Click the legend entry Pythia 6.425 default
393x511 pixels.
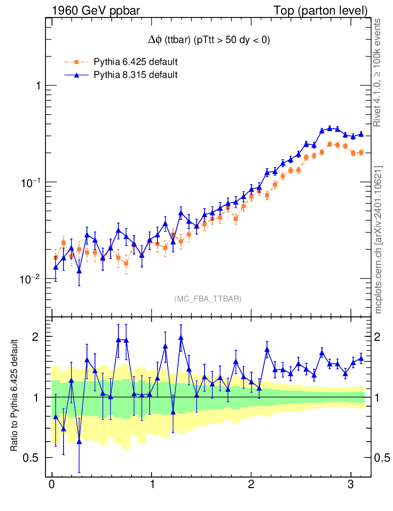[x=135, y=62]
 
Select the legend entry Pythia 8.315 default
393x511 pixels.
[x=135, y=75]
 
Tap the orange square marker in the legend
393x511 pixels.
[x=76, y=62]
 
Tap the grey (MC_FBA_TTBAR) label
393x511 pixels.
[x=208, y=299]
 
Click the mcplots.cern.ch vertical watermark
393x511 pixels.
[x=378, y=240]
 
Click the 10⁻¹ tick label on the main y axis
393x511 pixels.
[x=30, y=182]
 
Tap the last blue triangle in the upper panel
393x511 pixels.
[x=360, y=134]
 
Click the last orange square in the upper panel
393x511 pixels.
[x=360, y=152]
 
